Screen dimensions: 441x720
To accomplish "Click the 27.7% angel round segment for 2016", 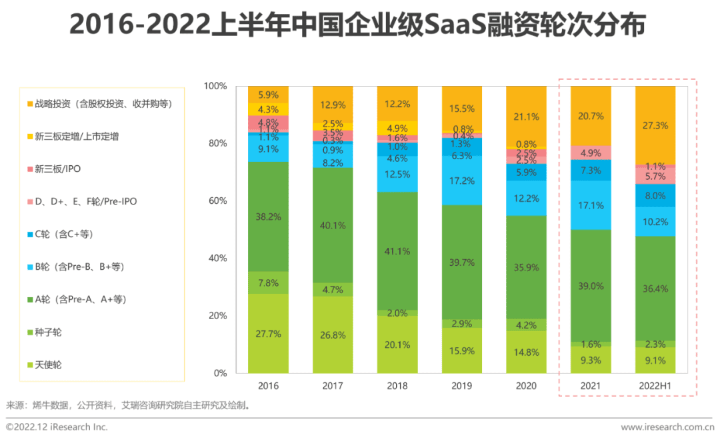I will pyautogui.click(x=268, y=333).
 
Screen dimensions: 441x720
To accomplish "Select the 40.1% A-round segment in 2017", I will pyautogui.click(x=333, y=225).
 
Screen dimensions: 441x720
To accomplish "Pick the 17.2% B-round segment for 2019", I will pyautogui.click(x=462, y=181).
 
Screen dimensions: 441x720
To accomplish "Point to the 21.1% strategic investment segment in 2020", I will pyautogui.click(x=527, y=117).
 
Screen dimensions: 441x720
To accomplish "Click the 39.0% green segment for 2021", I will pyautogui.click(x=591, y=285).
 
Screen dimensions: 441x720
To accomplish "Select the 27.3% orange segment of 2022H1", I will pyautogui.click(x=655, y=125).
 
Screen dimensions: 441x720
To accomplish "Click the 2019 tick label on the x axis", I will pyautogui.click(x=462, y=386).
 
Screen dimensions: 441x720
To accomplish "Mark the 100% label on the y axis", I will pyautogui.click(x=214, y=87).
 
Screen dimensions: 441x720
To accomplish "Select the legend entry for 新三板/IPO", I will pyautogui.click(x=56, y=169).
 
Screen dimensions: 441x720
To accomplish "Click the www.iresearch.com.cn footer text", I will pyautogui.click(x=667, y=427).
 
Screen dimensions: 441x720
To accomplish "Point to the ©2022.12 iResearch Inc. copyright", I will pyautogui.click(x=57, y=427).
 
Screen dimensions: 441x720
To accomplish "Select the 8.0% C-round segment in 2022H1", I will pyautogui.click(x=655, y=196).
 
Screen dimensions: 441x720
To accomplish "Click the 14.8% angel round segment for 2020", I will pyautogui.click(x=527, y=352).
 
